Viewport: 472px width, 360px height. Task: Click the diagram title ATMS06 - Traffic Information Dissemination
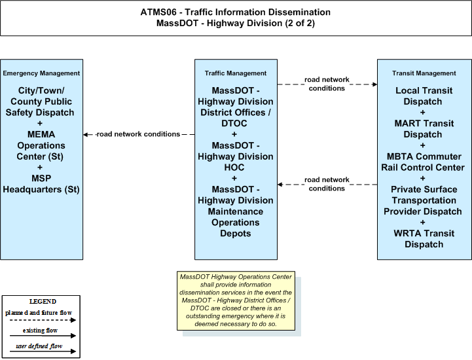pyautogui.click(x=236, y=12)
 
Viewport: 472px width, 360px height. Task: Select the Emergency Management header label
pyautogui.click(x=41, y=73)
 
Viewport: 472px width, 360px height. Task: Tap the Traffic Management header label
pyautogui.click(x=236, y=73)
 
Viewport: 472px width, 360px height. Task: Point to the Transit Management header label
pyautogui.click(x=424, y=73)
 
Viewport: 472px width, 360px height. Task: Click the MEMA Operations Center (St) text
pyautogui.click(x=41, y=145)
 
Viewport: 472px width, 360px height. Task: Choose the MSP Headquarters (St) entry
pyautogui.click(x=41, y=184)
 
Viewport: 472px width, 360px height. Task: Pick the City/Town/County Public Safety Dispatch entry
pyautogui.click(x=41, y=101)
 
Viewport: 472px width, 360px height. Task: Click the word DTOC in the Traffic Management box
pyautogui.click(x=234, y=124)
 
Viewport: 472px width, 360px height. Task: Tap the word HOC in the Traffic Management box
pyautogui.click(x=234, y=168)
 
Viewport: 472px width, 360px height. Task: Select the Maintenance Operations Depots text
pyautogui.click(x=236, y=223)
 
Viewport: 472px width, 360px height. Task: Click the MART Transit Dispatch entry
pyautogui.click(x=424, y=129)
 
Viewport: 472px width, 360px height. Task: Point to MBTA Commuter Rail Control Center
pyautogui.click(x=424, y=162)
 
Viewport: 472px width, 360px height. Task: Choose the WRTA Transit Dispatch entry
pyautogui.click(x=424, y=239)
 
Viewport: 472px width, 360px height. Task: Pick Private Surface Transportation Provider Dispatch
pyautogui.click(x=423, y=200)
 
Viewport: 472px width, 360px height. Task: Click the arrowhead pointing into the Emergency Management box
pyautogui.click(x=86, y=135)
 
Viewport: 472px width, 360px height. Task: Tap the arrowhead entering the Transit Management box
pyautogui.click(x=374, y=84)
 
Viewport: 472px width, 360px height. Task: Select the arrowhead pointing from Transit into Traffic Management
pyautogui.click(x=280, y=185)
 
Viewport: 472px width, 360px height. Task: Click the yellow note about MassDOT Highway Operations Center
pyautogui.click(x=236, y=300)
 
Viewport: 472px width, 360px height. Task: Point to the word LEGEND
pyautogui.click(x=43, y=302)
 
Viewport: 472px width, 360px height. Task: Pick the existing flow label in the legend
pyautogui.click(x=40, y=331)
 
